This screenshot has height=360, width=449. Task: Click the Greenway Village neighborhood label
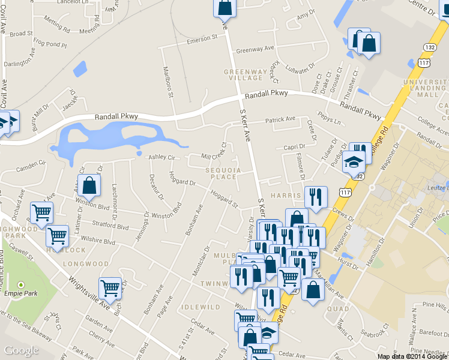point(244,74)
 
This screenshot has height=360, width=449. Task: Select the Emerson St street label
point(201,38)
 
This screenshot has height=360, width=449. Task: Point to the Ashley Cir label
point(161,157)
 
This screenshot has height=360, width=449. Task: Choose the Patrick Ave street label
point(281,119)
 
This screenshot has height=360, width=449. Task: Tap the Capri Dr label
point(295,147)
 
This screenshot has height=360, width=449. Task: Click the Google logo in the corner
point(21,350)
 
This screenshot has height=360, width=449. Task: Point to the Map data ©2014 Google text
point(412,356)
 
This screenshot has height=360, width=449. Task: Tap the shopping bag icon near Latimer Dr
point(89,186)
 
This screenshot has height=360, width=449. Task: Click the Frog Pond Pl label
point(50,43)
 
